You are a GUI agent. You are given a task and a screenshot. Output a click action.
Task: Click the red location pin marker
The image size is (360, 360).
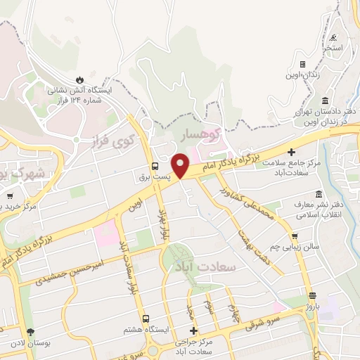[181, 165]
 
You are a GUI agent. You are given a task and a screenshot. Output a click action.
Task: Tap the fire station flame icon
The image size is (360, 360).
[79, 79]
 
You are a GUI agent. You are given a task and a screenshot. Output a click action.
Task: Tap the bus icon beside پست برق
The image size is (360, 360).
[154, 167]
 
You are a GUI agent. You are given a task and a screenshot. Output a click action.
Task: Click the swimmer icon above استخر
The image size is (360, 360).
[333, 38]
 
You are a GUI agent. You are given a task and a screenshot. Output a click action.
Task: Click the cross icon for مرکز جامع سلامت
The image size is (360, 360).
[290, 151]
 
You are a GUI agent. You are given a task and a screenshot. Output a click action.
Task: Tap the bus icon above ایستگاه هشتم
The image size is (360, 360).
[146, 318]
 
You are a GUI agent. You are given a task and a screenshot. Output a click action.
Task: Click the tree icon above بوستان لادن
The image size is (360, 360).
[30, 332]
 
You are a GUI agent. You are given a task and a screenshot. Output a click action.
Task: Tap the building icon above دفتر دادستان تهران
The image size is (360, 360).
[325, 101]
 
